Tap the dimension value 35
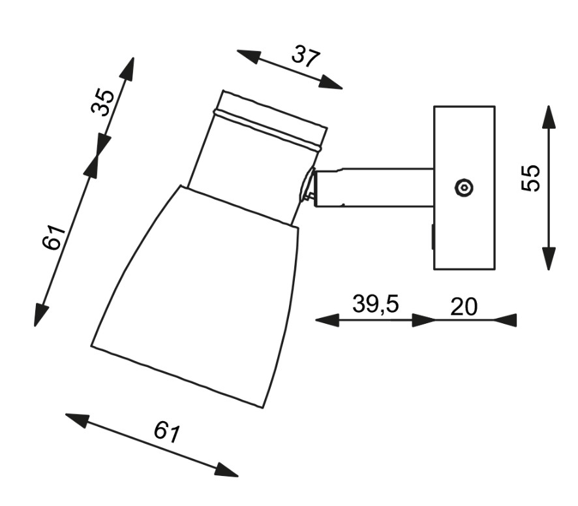coord(102,103)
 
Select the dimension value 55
coord(531,178)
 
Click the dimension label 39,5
coord(376,304)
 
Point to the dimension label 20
coord(464,306)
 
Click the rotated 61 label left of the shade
coord(53,237)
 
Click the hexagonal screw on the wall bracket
coord(463,187)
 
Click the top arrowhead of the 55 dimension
coord(549,117)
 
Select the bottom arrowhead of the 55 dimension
coord(549,259)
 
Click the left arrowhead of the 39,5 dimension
coord(327,320)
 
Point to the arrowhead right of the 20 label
coord(505,320)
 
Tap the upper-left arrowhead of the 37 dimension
coord(249,56)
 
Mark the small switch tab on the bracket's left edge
coord(433,237)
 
